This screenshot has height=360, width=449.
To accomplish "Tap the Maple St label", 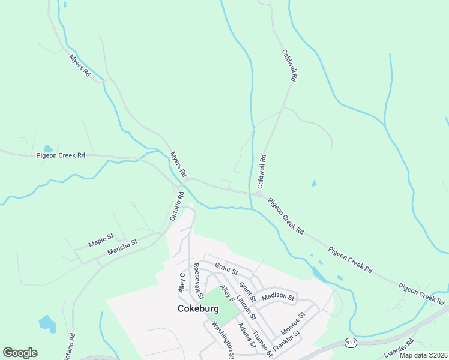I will pos(101,240).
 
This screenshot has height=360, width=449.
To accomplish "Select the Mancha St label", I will pos(122,247).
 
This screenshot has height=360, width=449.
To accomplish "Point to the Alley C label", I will pos(182,282).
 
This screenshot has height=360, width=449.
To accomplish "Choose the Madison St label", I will pos(279,296).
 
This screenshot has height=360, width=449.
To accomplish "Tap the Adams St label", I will pos(247,337).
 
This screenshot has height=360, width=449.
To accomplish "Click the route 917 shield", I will pos(351,342).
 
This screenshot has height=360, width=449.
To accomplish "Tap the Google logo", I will pos(20,352).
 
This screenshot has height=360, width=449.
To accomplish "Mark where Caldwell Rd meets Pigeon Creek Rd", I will pos(259,194).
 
